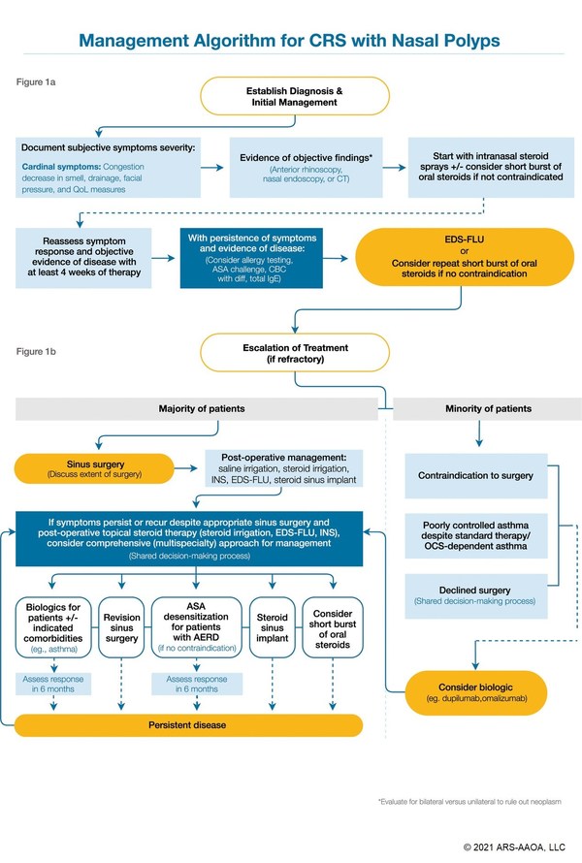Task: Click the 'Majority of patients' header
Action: tap(197, 410)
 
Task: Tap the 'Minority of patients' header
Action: tap(474, 410)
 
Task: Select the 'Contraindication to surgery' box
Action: tap(474, 476)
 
